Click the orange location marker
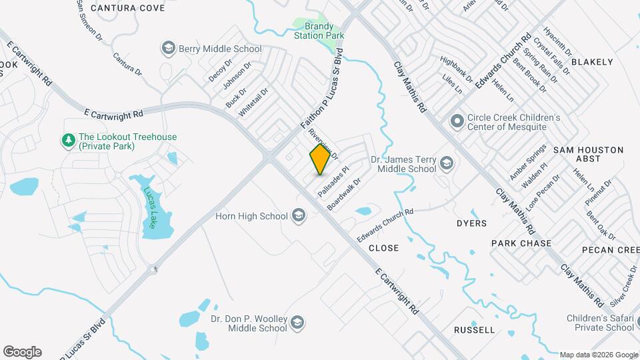(x=320, y=159)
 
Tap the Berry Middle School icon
(x=167, y=49)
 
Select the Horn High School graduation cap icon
(x=298, y=215)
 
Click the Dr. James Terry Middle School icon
(x=446, y=163)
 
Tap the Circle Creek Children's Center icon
(x=457, y=121)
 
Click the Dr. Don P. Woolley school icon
(x=297, y=323)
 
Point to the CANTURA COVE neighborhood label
(x=128, y=8)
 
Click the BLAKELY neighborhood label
(x=592, y=62)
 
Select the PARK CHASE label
(x=521, y=243)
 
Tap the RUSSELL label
(x=474, y=330)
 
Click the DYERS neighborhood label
(x=471, y=223)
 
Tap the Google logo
(x=22, y=352)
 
